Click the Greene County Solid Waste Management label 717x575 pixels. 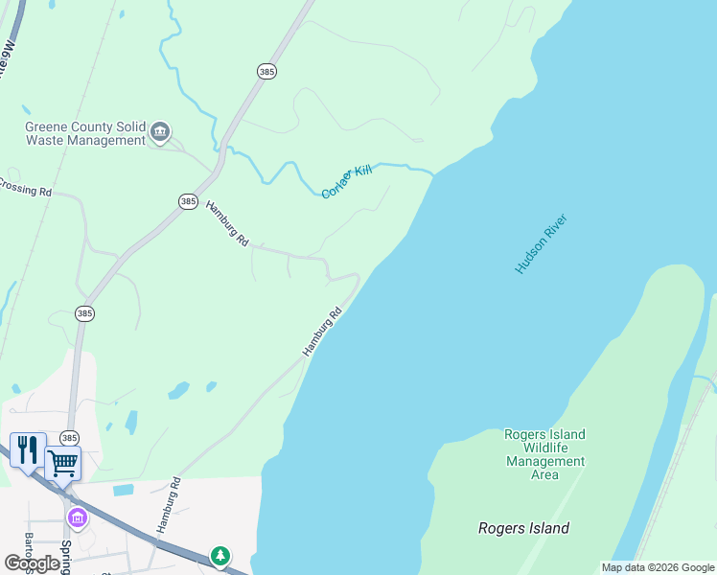point(84,133)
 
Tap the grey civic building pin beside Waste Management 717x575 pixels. point(160,131)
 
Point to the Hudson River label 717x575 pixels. point(542,244)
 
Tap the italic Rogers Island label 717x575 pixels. point(523,528)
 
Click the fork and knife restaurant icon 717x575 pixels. point(27,448)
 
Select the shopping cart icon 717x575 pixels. point(62,463)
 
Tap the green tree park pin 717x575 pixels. point(220,555)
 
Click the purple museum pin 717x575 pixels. point(77,518)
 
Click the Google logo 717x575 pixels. point(32,563)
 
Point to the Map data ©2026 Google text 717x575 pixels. point(657,567)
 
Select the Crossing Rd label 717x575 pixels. point(25,189)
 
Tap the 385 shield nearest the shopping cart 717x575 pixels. point(69,438)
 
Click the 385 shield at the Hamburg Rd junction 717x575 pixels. point(188,201)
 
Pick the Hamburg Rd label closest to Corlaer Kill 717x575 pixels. point(227,223)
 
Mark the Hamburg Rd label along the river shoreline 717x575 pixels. point(323,333)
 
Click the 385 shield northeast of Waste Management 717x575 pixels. point(266,71)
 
